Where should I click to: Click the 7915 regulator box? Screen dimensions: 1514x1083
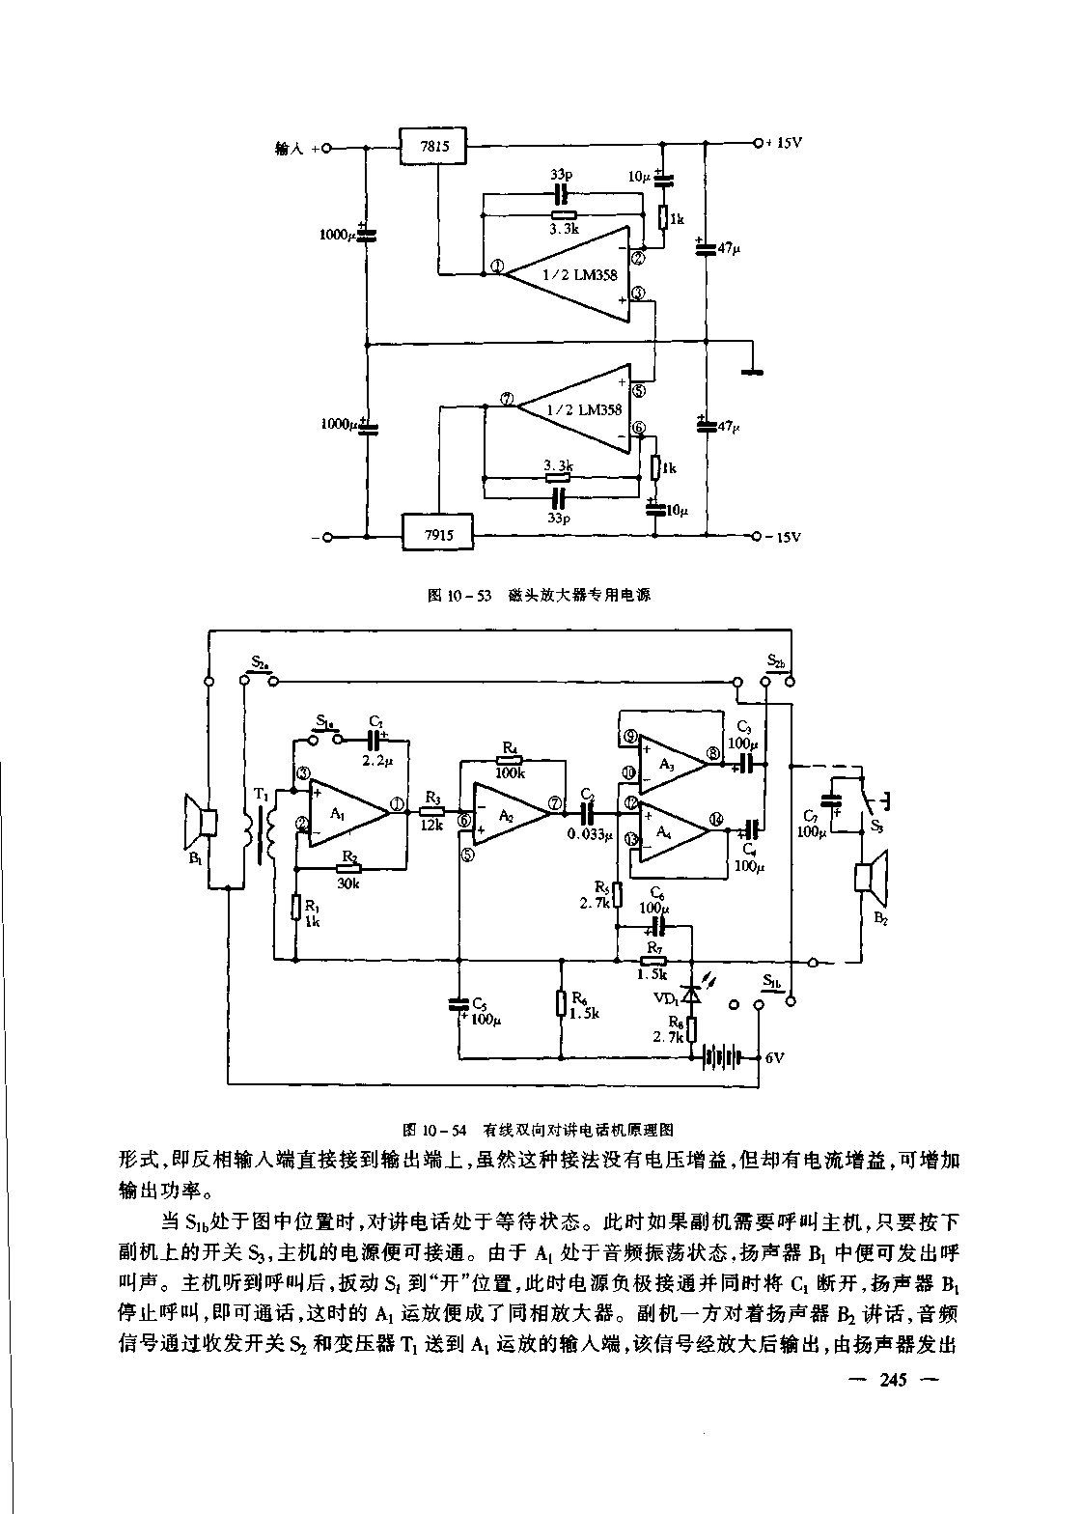click(436, 532)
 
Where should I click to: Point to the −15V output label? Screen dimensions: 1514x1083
click(783, 537)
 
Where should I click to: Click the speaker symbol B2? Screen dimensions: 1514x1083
click(870, 879)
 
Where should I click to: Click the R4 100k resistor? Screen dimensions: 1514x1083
click(511, 761)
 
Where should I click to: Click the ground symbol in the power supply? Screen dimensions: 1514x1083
click(751, 368)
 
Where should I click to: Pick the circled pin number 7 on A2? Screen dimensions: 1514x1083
click(554, 803)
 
